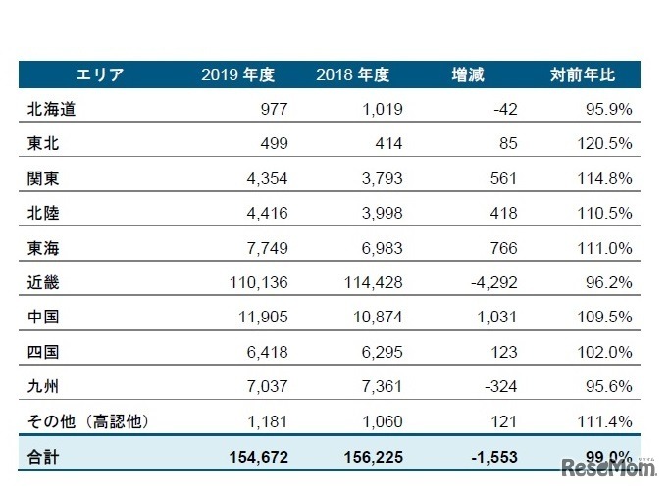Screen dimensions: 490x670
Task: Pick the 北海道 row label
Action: pyautogui.click(x=52, y=109)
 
